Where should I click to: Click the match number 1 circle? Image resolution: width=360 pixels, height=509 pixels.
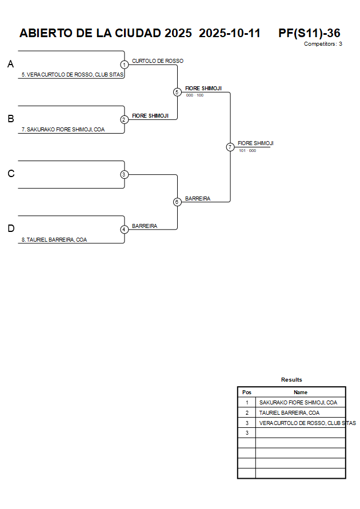pyautogui.click(x=124, y=65)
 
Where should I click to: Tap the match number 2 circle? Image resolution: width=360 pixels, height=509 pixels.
pyautogui.click(x=124, y=119)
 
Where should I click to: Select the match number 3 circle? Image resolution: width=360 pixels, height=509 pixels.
pyautogui.click(x=124, y=174)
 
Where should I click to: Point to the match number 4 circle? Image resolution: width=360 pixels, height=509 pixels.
pyautogui.click(x=124, y=229)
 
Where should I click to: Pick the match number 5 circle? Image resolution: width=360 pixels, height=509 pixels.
pyautogui.click(x=177, y=92)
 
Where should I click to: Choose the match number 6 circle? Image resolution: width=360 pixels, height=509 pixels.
pyautogui.click(x=177, y=202)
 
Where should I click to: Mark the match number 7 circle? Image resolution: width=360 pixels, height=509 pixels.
pyautogui.click(x=230, y=147)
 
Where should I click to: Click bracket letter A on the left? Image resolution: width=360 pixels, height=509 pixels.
pyautogui.click(x=10, y=65)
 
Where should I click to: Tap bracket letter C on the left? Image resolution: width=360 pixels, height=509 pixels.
pyautogui.click(x=10, y=174)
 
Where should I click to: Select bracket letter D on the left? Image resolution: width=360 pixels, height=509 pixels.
pyautogui.click(x=10, y=229)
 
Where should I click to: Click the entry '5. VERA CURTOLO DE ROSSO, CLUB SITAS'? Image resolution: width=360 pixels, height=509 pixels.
pyautogui.click(x=73, y=75)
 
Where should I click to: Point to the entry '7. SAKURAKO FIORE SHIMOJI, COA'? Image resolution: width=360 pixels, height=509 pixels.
pyautogui.click(x=63, y=130)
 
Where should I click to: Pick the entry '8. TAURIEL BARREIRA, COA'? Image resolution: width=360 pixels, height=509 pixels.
pyautogui.click(x=54, y=240)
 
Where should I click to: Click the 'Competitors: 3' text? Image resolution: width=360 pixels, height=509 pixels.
pyautogui.click(x=323, y=44)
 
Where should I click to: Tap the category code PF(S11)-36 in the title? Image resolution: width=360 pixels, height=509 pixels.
pyautogui.click(x=309, y=33)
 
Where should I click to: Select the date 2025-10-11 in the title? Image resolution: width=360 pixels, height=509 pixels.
pyautogui.click(x=229, y=33)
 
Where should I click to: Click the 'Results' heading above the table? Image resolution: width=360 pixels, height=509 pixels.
pyautogui.click(x=291, y=380)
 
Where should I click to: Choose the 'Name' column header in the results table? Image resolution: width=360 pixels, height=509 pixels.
pyautogui.click(x=301, y=392)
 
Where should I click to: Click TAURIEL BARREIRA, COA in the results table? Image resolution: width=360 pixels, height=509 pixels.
pyautogui.click(x=289, y=412)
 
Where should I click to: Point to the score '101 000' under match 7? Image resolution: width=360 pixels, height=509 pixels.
pyautogui.click(x=247, y=151)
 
